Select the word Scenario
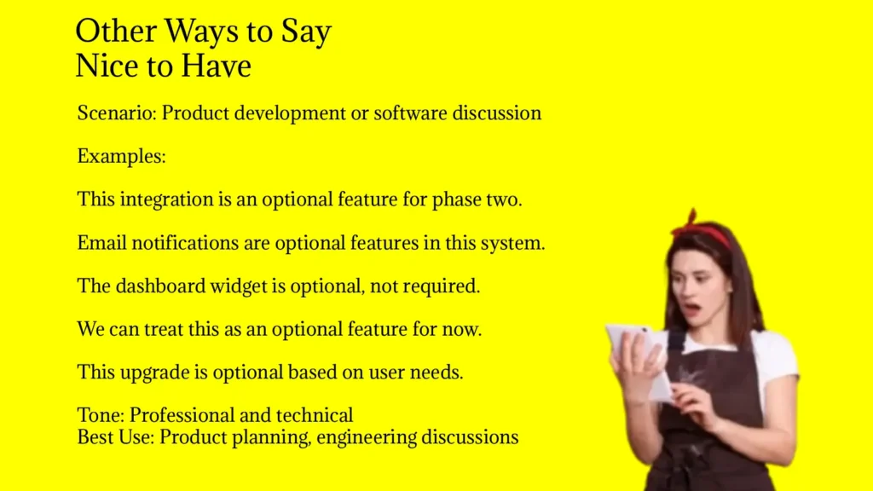pos(117,113)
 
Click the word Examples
pos(121,157)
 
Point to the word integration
pos(166,199)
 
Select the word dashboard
pos(161,286)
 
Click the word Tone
pos(101,415)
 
